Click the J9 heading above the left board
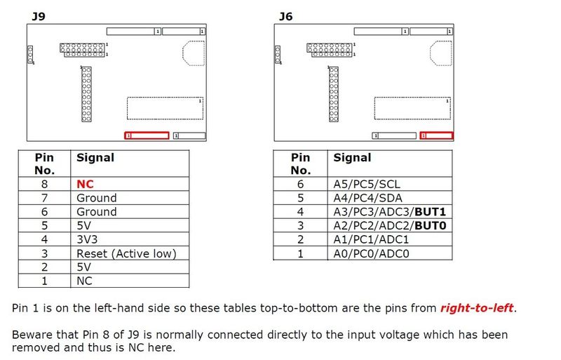39,15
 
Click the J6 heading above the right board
285,15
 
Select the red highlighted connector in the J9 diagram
147,135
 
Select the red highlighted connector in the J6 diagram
435,135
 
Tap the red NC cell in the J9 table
85,184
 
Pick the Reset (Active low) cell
126,253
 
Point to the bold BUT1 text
430,212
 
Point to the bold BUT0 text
430,226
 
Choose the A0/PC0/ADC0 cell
372,253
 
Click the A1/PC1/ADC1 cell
372,239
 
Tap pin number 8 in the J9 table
44,184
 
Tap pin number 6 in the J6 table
300,184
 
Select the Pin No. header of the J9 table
44,164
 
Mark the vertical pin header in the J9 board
86,94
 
